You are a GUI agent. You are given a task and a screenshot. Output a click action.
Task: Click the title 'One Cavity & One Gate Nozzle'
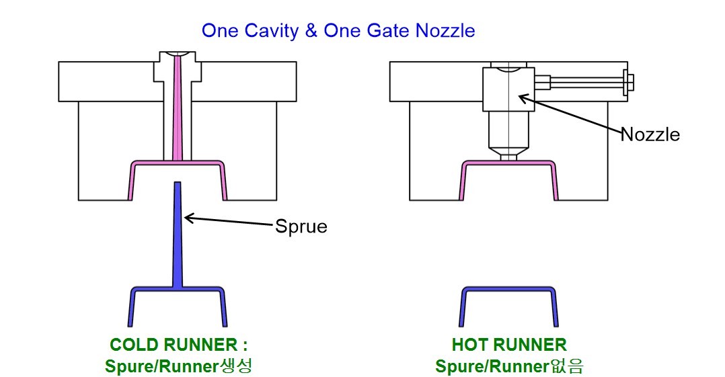click(x=338, y=30)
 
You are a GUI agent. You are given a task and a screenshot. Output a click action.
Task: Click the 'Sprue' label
click(x=301, y=226)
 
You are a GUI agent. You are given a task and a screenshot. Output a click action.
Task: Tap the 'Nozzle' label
click(x=650, y=134)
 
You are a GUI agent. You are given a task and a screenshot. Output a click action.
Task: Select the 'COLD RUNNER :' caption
click(x=178, y=345)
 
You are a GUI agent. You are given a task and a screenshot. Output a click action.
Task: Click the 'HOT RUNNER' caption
click(x=509, y=345)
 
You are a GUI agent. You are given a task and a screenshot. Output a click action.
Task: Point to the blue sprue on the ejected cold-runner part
click(x=178, y=235)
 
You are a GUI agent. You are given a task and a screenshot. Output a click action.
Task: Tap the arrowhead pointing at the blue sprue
click(x=189, y=217)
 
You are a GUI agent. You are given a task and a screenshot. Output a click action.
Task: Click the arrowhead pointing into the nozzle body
click(x=522, y=98)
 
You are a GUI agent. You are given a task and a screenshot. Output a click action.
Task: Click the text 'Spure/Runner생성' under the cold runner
click(x=178, y=367)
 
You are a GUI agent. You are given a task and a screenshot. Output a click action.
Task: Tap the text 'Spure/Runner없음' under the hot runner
click(x=509, y=367)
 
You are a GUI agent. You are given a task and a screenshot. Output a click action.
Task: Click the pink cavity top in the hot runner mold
click(x=509, y=164)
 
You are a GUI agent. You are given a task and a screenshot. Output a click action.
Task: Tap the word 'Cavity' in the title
click(x=272, y=30)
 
